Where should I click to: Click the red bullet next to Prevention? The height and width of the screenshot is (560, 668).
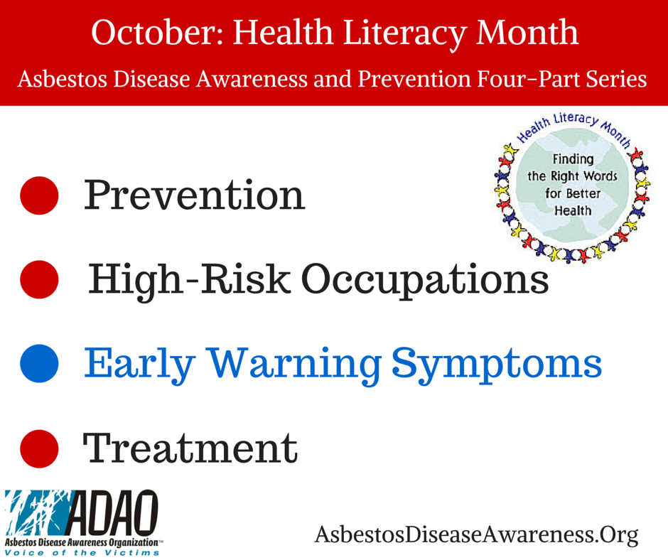click(x=39, y=195)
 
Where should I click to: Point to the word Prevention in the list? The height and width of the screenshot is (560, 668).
click(x=194, y=195)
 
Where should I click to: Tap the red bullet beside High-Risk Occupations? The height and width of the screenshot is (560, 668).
click(x=39, y=279)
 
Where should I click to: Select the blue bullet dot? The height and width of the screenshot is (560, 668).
click(x=39, y=364)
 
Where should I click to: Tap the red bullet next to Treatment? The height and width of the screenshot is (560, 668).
click(x=39, y=448)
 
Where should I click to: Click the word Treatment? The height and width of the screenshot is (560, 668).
click(x=190, y=448)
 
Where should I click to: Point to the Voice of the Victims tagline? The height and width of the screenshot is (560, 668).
click(x=82, y=553)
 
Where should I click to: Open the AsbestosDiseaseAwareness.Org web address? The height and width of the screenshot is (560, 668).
click(x=476, y=535)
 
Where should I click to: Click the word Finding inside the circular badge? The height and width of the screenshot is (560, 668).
click(x=573, y=159)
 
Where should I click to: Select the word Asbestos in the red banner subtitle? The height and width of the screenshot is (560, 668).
click(x=61, y=79)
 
